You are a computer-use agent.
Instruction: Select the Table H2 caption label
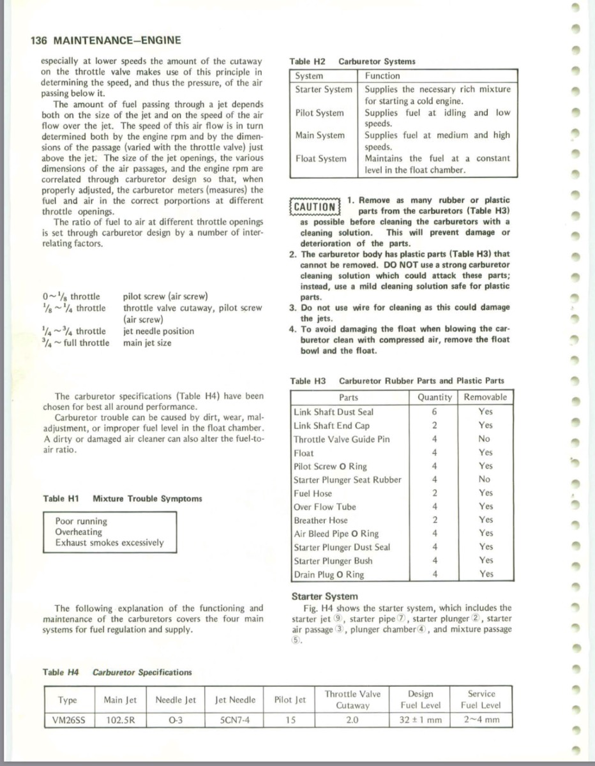[x=307, y=61]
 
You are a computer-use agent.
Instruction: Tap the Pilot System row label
[x=319, y=113]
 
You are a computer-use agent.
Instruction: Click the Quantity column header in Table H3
[x=434, y=397]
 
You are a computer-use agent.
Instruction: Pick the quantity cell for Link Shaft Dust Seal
[x=434, y=412]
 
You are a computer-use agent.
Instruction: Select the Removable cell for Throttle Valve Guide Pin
[x=485, y=439]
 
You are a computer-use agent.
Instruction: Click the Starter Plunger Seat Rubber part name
[x=347, y=480]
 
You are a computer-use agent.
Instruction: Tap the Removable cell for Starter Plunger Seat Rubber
[x=485, y=479]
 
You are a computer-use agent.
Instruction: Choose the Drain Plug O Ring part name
[x=329, y=574]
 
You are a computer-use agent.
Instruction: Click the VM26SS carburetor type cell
[x=69, y=720]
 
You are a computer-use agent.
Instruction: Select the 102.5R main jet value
[x=121, y=720]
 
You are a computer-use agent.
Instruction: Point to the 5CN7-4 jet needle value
[x=235, y=720]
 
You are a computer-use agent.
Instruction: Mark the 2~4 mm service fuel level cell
[x=481, y=720]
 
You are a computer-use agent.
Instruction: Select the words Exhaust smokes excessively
[x=109, y=543]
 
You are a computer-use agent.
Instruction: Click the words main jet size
[x=147, y=343]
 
